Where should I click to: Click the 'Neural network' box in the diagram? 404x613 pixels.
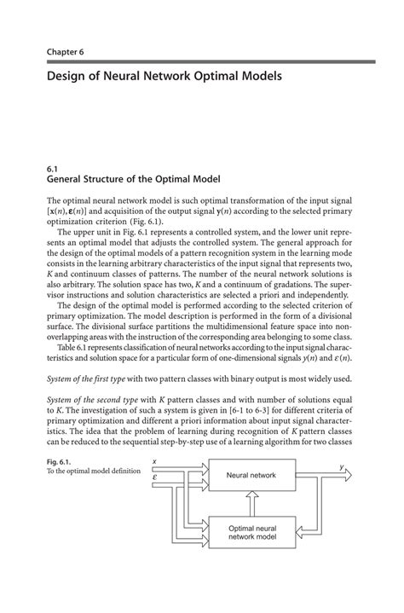pos(251,474)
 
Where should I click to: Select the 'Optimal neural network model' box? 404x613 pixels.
pos(251,534)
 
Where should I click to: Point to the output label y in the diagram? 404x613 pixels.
pos(340,466)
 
